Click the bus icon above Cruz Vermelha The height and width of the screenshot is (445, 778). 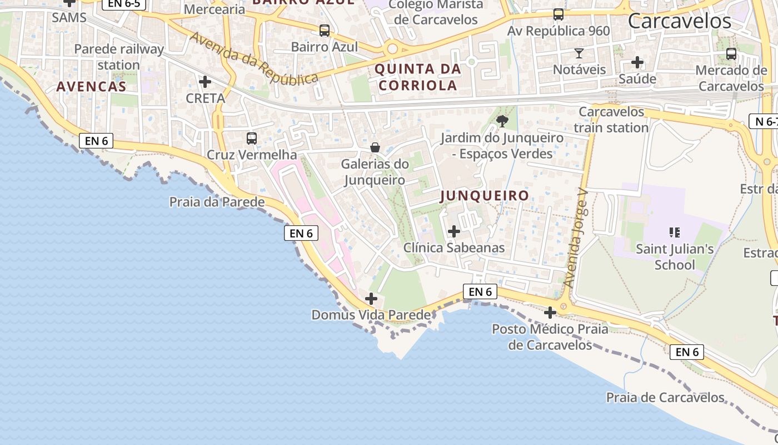[x=252, y=139]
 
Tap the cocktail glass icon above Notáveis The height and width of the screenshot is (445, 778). [x=579, y=53]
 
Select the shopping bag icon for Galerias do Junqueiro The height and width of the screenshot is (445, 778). [x=375, y=147]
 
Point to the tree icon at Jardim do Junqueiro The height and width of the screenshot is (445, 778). [x=502, y=121]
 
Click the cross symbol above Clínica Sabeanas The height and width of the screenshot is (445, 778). [x=454, y=231]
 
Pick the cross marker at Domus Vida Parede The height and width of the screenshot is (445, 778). [x=371, y=299]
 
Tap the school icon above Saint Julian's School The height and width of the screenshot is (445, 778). [x=675, y=232]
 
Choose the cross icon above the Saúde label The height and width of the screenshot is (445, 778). [x=637, y=62]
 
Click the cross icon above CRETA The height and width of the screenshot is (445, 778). [x=205, y=82]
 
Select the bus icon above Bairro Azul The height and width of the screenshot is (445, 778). [x=325, y=31]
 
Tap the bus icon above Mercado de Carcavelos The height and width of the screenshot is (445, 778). [x=731, y=54]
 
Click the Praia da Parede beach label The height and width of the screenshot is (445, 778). [x=217, y=202]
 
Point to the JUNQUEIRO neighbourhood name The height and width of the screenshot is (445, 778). [x=485, y=196]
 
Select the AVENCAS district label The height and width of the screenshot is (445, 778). [x=91, y=87]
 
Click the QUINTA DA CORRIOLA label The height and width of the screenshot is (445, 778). [x=417, y=77]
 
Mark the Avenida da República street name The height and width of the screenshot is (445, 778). [x=255, y=58]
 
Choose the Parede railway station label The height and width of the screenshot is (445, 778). [x=119, y=57]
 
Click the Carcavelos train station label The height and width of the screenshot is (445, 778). [x=611, y=120]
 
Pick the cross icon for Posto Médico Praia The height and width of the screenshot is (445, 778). [x=550, y=313]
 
